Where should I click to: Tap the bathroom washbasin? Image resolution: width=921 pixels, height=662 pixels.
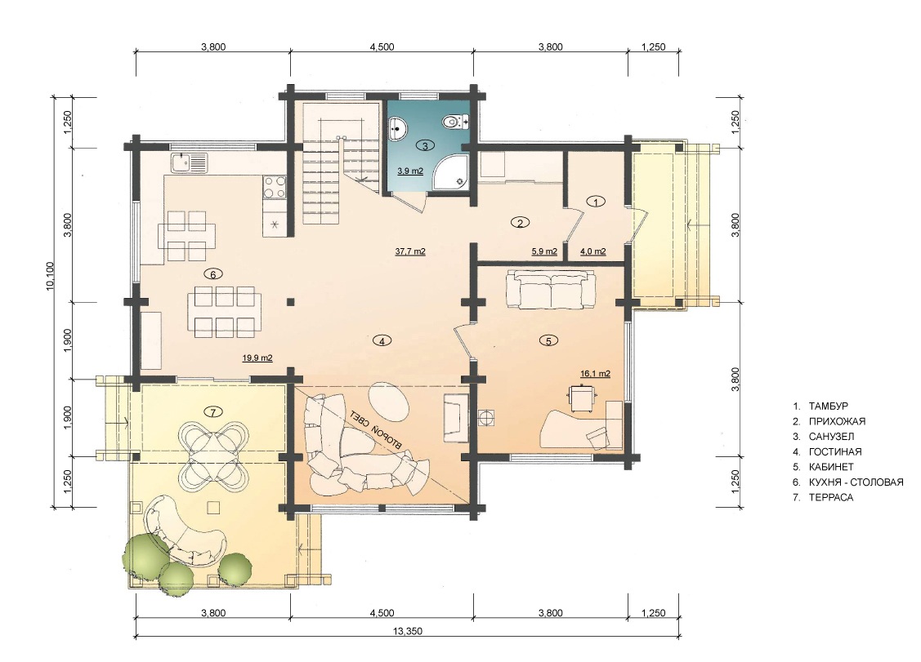(x=398, y=127)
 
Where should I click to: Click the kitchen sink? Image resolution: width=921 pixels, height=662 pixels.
(x=189, y=162)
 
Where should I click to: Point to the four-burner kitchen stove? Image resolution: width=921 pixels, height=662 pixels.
(x=275, y=187)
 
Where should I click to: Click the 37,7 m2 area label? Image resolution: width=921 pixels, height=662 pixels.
(x=410, y=251)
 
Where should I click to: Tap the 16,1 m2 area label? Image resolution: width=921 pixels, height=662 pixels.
(x=595, y=374)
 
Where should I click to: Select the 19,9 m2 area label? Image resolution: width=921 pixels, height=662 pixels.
(x=257, y=358)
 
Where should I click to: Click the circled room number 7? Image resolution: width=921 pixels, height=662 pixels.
(x=213, y=411)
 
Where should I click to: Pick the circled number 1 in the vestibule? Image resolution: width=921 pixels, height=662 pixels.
(x=597, y=202)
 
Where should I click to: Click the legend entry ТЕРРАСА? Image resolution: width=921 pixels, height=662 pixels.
(x=830, y=498)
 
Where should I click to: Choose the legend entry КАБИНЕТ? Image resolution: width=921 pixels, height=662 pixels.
(x=831, y=467)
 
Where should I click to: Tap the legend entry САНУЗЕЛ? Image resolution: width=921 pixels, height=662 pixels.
(x=831, y=437)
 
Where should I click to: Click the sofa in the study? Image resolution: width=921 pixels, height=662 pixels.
(x=551, y=289)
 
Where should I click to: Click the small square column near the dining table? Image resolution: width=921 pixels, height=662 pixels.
(x=291, y=302)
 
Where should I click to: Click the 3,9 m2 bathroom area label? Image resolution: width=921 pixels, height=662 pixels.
(x=410, y=171)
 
